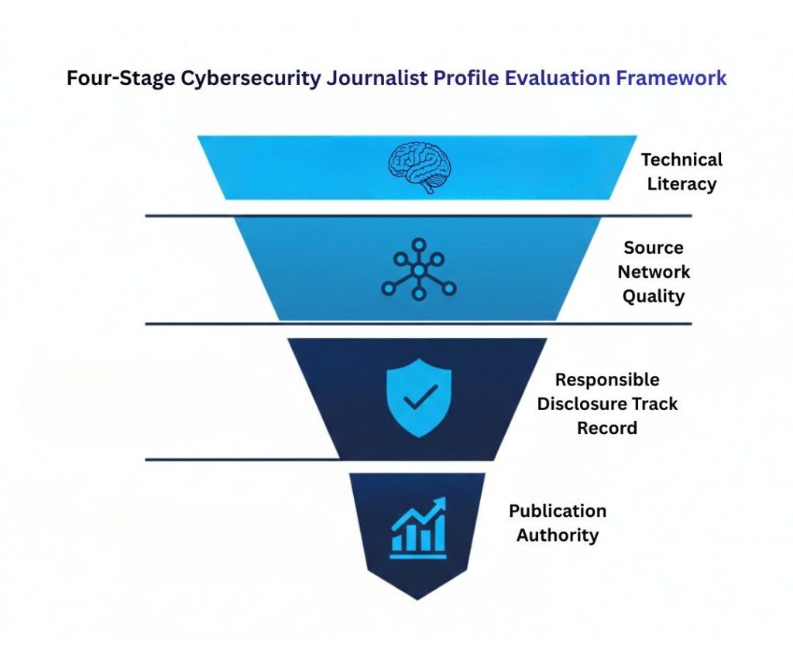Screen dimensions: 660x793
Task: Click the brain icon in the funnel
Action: tap(418, 166)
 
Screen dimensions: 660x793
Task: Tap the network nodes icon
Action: tap(418, 270)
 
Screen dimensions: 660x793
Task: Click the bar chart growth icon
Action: tap(418, 527)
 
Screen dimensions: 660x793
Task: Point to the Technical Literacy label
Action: tap(681, 172)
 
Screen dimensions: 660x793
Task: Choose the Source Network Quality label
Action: tap(654, 272)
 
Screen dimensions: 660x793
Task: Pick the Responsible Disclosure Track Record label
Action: tap(607, 404)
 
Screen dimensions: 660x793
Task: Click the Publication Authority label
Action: tap(558, 523)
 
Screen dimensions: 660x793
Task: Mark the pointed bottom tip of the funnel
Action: tap(417, 597)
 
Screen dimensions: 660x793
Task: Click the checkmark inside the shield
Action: tap(419, 398)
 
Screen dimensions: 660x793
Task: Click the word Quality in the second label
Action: tap(654, 296)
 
